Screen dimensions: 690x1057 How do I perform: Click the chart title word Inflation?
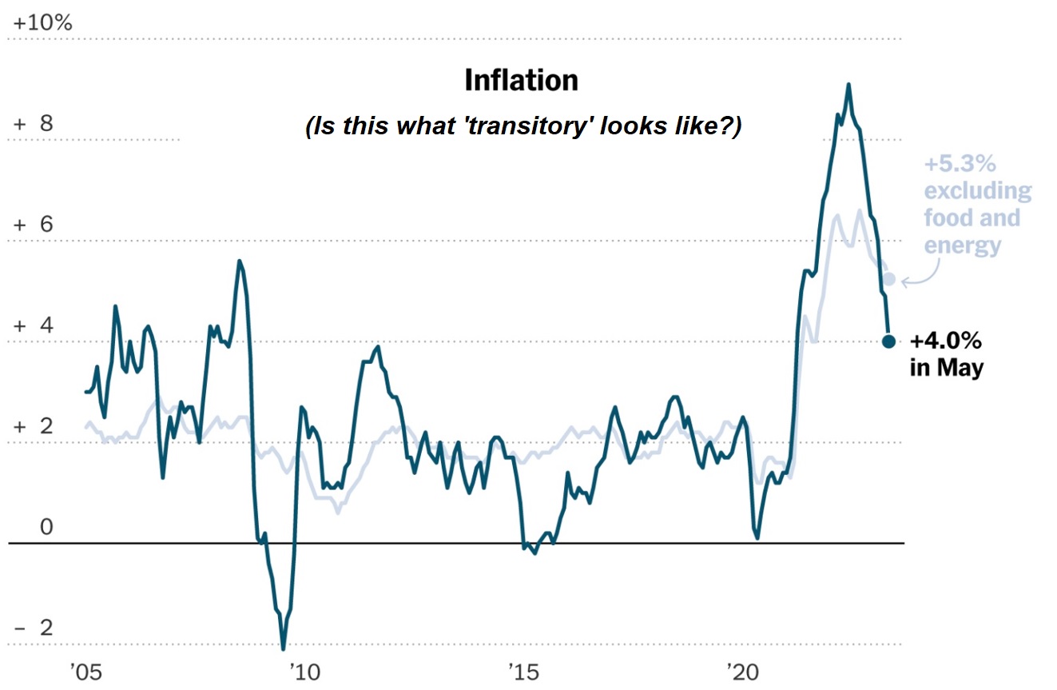[x=521, y=81]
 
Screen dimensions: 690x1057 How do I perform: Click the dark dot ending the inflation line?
[x=888, y=341]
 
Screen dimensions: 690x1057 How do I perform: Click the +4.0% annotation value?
[x=946, y=341]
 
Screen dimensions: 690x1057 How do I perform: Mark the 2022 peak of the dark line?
[x=848, y=85]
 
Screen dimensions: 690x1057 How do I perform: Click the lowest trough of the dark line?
[x=283, y=648]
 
